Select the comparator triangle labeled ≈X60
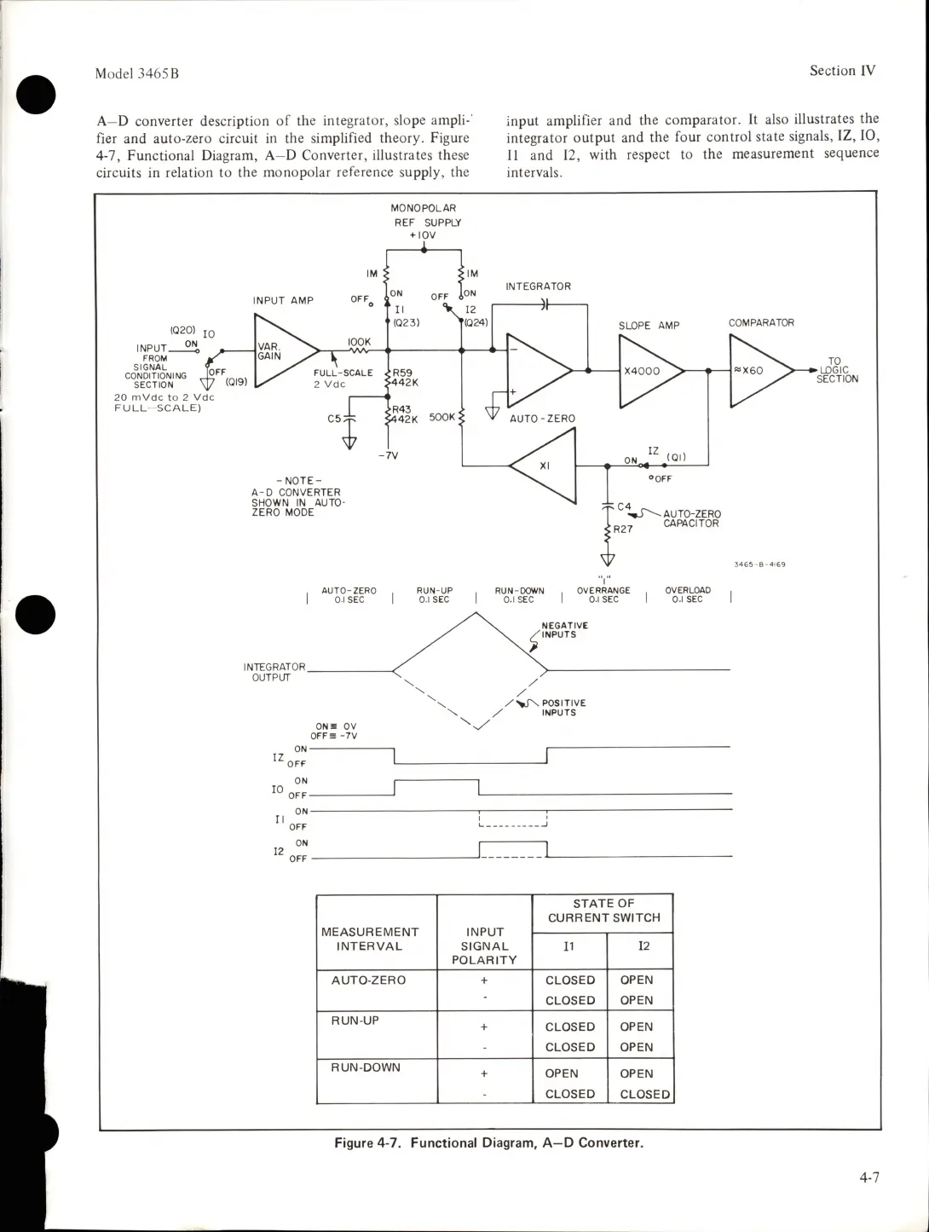(755, 371)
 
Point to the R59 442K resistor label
(405, 378)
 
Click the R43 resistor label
(401, 409)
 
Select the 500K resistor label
(442, 418)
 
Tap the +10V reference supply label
(424, 235)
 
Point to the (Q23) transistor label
(405, 323)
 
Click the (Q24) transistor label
(476, 323)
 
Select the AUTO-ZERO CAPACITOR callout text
(691, 518)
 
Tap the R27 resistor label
(624, 529)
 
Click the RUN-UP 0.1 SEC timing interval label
(434, 595)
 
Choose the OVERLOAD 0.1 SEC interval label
(688, 595)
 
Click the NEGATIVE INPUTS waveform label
(564, 630)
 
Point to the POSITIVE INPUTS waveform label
(563, 708)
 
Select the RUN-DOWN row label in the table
(365, 1067)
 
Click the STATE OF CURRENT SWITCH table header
(603, 911)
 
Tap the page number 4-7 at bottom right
(869, 1178)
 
